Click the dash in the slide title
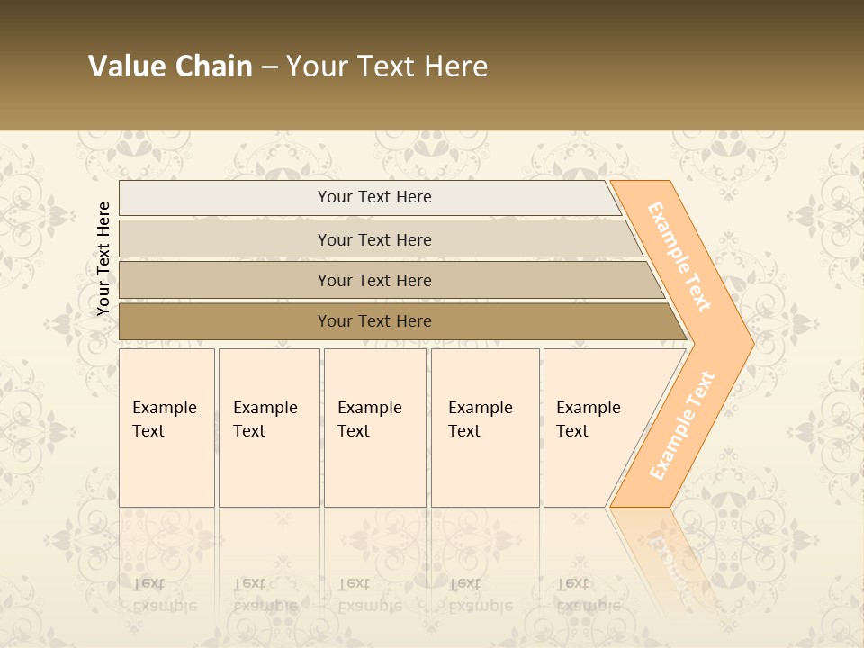pyautogui.click(x=269, y=67)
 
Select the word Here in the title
pyautogui.click(x=455, y=67)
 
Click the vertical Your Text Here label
pyautogui.click(x=103, y=259)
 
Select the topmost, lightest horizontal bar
pyautogui.click(x=373, y=197)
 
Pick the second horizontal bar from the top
pyautogui.click(x=373, y=239)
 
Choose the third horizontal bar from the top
pyautogui.click(x=373, y=280)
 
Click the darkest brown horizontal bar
pyautogui.click(x=373, y=321)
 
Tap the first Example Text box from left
pyautogui.click(x=166, y=427)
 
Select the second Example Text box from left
pyautogui.click(x=268, y=427)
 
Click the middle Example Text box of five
pyautogui.click(x=374, y=427)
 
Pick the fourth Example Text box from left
pyautogui.click(x=484, y=427)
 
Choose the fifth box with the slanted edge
pyautogui.click(x=594, y=427)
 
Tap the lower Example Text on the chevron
pyautogui.click(x=681, y=425)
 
